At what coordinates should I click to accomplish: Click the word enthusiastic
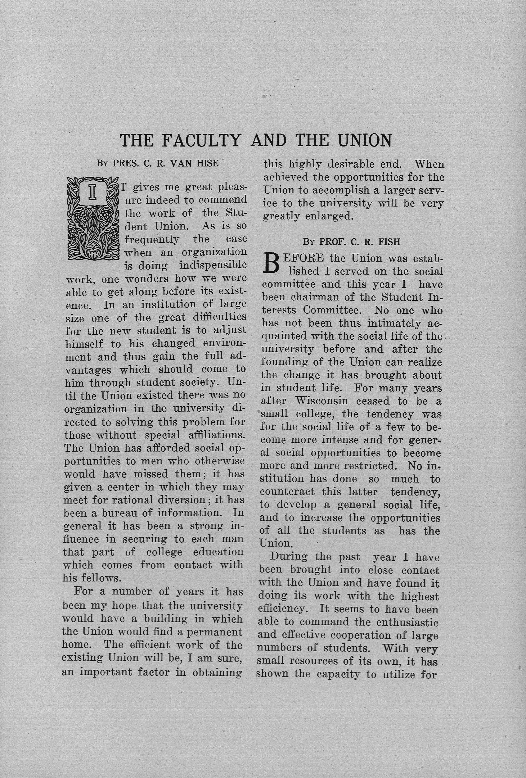click(407, 622)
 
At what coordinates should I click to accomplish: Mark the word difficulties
click(219, 317)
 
